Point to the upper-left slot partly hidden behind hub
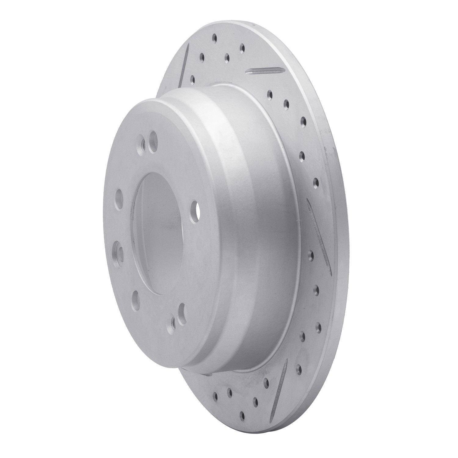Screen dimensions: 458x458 184,63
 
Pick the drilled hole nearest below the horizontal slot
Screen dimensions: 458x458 270,93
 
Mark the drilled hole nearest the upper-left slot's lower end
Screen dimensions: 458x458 192,80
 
